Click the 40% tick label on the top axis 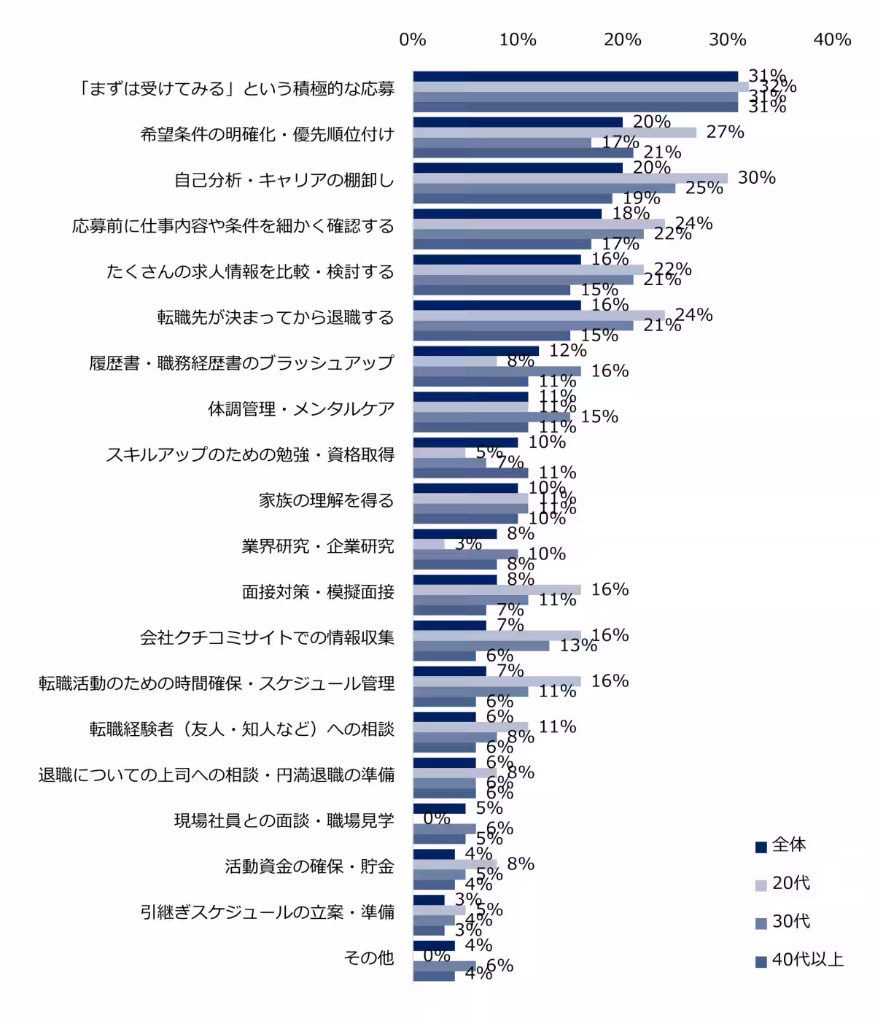pyautogui.click(x=832, y=40)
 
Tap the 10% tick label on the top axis pyautogui.click(x=518, y=40)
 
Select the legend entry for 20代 pyautogui.click(x=790, y=883)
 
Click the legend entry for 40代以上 pyautogui.click(x=807, y=960)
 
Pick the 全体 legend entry pyautogui.click(x=788, y=845)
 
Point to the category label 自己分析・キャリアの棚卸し pyautogui.click(x=284, y=180)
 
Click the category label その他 pyautogui.click(x=369, y=958)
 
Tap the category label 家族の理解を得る pyautogui.click(x=326, y=500)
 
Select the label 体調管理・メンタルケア pyautogui.click(x=300, y=409)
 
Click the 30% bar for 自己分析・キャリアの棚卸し pyautogui.click(x=570, y=178)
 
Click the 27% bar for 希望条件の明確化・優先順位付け pyautogui.click(x=554, y=132)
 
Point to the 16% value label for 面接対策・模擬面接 pyautogui.click(x=610, y=589)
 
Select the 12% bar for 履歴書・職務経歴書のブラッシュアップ pyautogui.click(x=475, y=351)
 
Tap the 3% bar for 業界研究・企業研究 pyautogui.click(x=429, y=544)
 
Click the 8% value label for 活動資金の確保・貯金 pyautogui.click(x=521, y=864)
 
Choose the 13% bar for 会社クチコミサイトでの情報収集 pyautogui.click(x=481, y=645)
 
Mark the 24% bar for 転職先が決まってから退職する pyautogui.click(x=539, y=315)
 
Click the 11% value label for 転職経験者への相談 pyautogui.click(x=557, y=726)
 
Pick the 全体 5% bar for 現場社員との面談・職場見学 pyautogui.click(x=439, y=808)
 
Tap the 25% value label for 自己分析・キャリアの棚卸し pyautogui.click(x=704, y=188)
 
